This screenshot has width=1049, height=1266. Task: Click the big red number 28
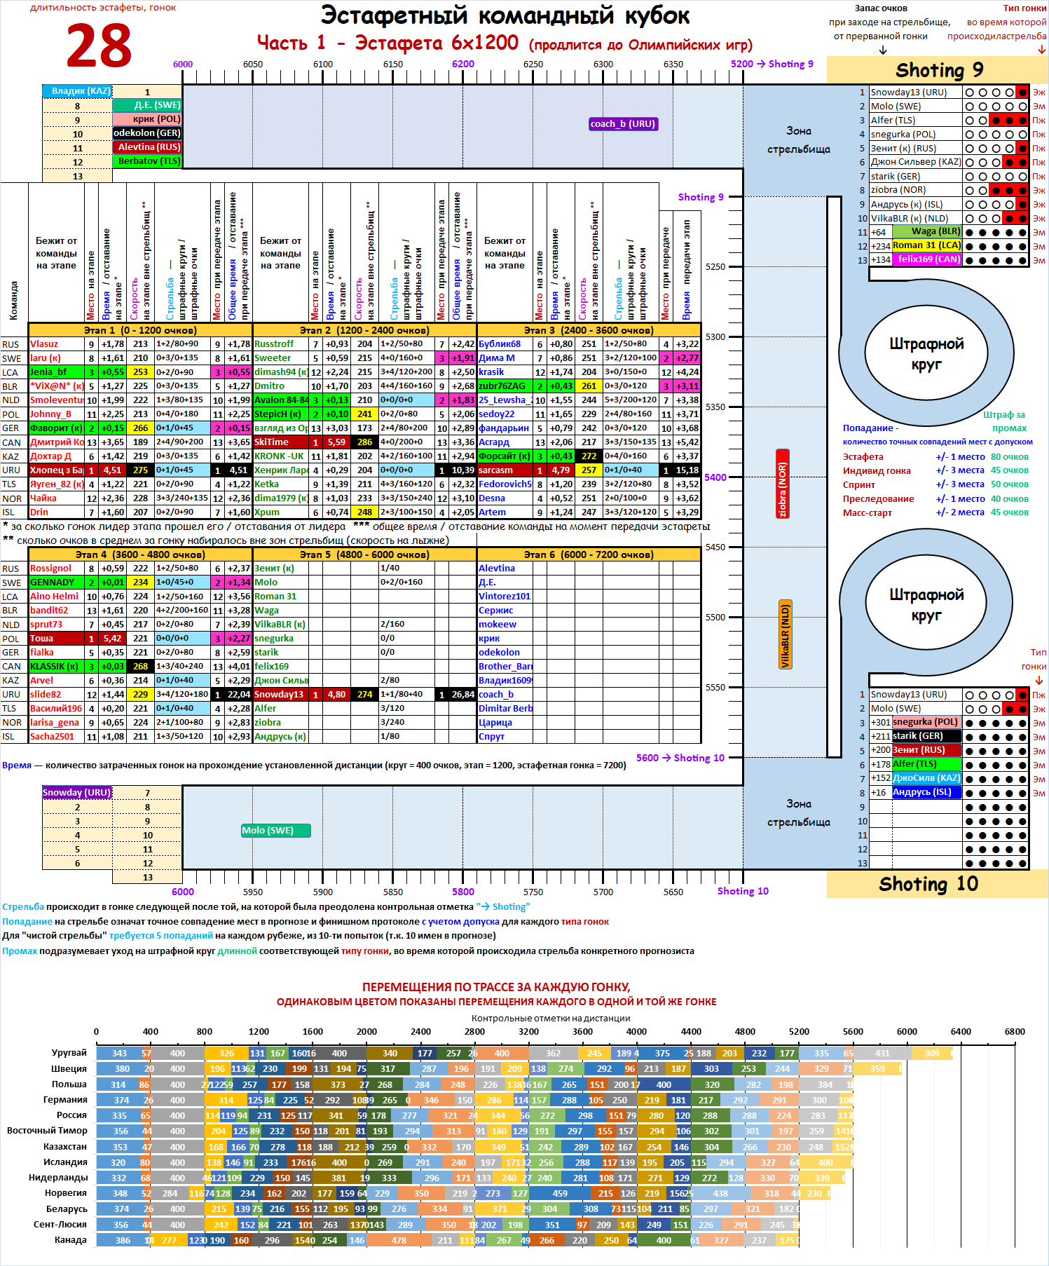click(x=99, y=46)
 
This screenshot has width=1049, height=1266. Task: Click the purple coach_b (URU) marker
click(x=623, y=124)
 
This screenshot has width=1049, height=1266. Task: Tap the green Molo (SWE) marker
click(x=275, y=831)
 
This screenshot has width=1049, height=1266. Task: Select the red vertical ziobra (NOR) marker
click(x=783, y=484)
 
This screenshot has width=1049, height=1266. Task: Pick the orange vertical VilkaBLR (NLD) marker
click(x=786, y=634)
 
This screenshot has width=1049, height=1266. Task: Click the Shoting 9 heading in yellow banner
click(x=939, y=70)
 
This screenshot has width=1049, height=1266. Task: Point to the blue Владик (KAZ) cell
click(x=77, y=91)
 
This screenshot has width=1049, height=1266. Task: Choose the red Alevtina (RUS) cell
click(x=148, y=147)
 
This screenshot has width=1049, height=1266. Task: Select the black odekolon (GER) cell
click(x=147, y=133)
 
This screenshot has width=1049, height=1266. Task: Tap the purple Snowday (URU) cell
click(x=77, y=793)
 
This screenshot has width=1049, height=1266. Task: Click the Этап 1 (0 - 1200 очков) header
click(x=140, y=330)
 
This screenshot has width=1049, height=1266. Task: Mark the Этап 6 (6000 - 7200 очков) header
click(x=589, y=554)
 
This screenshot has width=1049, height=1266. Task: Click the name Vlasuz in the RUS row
click(x=44, y=344)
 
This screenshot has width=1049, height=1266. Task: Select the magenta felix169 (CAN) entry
click(x=928, y=259)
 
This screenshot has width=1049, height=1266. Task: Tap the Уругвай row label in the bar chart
click(x=69, y=1052)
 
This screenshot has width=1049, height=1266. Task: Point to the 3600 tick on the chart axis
click(x=582, y=1031)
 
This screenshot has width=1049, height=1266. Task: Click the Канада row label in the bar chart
click(x=71, y=1239)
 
